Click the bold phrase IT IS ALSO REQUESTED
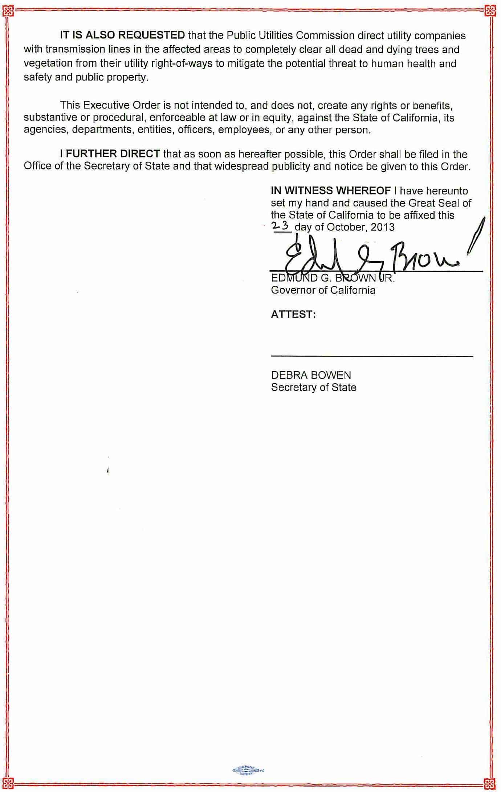tap(122, 35)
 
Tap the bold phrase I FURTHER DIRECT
tap(110, 154)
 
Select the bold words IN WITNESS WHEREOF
tap(330, 190)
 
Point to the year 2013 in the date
tap(382, 227)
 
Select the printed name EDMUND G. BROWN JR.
tap(332, 279)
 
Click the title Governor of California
tap(323, 290)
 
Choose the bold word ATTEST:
tap(293, 314)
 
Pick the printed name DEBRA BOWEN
tap(311, 375)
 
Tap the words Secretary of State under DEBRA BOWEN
tap(313, 387)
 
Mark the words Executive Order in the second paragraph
tap(122, 105)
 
